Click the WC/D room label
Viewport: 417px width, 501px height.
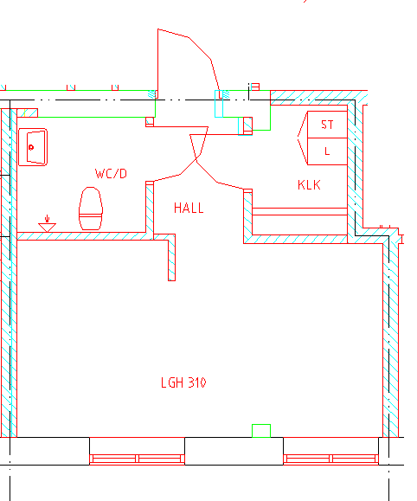tap(111, 174)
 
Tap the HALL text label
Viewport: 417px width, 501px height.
tap(189, 208)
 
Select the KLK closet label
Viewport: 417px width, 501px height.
tap(309, 185)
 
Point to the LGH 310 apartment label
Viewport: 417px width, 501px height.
tap(183, 382)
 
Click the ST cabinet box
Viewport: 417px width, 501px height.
tap(327, 125)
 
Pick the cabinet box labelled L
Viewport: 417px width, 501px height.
tap(327, 151)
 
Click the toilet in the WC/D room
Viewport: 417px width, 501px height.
tap(91, 209)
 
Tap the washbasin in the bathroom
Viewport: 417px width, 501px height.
tap(33, 147)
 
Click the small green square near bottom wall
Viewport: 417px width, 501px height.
tap(261, 431)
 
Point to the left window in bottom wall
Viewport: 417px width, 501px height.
tap(137, 459)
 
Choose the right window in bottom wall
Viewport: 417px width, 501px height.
tap(330, 459)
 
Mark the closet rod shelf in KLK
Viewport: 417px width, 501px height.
tap(299, 211)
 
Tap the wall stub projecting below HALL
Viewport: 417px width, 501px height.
tap(171, 257)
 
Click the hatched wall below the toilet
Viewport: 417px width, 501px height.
tap(81, 236)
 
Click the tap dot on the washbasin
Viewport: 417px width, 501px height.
tap(31, 147)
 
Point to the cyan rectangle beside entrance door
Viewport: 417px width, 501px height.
tap(219, 104)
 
